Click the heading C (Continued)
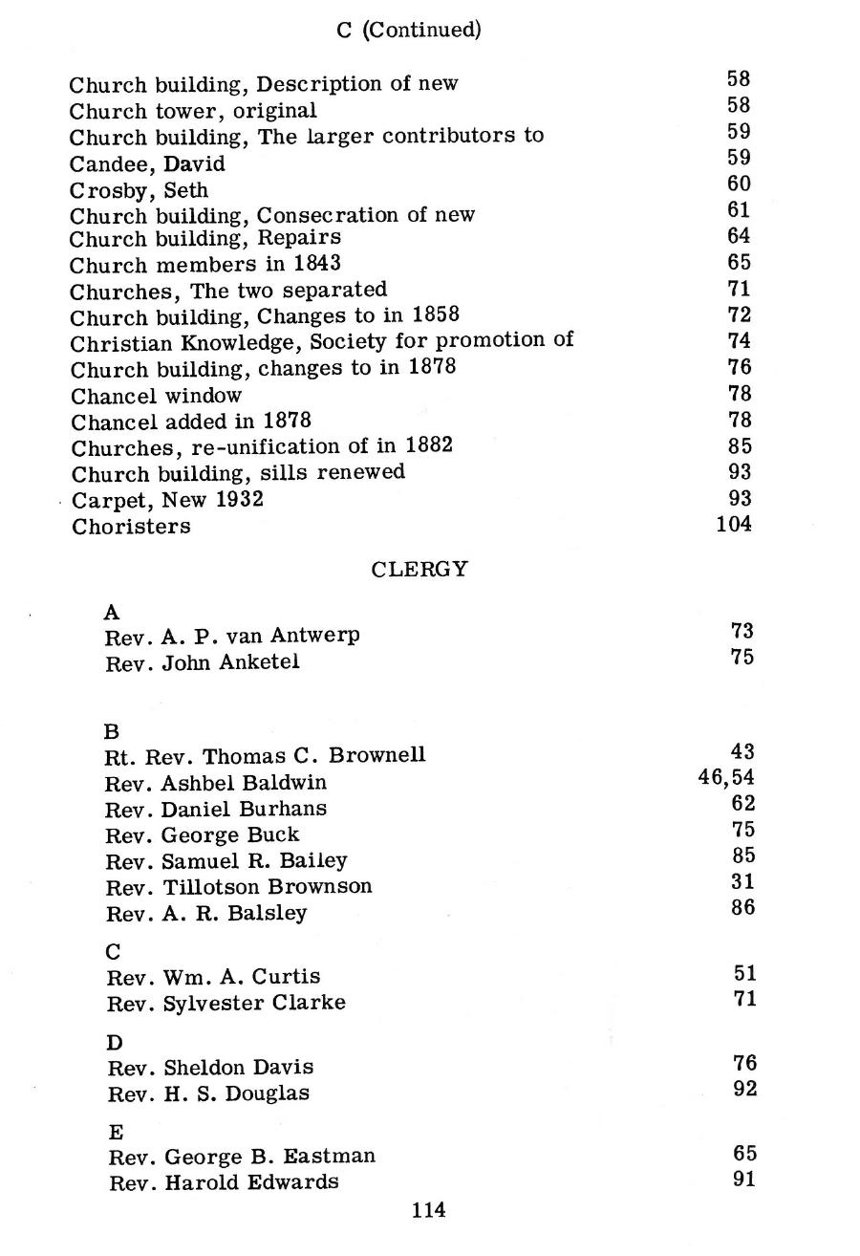(x=409, y=30)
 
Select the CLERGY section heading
(x=419, y=570)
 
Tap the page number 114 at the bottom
(x=428, y=1210)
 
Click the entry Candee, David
(x=147, y=163)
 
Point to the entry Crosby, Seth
(x=139, y=190)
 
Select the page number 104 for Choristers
(x=734, y=524)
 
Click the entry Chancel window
(x=157, y=395)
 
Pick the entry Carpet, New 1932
(x=167, y=499)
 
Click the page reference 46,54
(x=726, y=778)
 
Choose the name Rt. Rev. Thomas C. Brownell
(x=265, y=755)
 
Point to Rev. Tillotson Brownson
(x=238, y=886)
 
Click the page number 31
(x=742, y=881)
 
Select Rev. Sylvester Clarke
(x=226, y=1003)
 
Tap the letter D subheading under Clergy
(x=116, y=1042)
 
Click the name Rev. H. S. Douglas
(x=208, y=1094)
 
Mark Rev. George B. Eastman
(x=242, y=1157)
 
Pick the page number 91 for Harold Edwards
(x=743, y=1179)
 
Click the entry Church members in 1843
(x=204, y=263)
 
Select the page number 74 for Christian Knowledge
(x=739, y=341)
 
